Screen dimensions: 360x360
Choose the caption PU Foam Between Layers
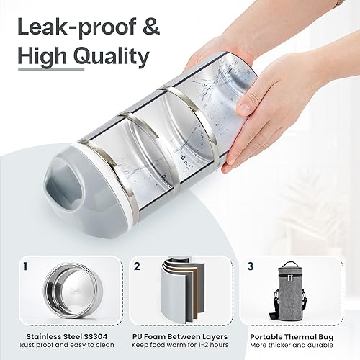coord(179,336)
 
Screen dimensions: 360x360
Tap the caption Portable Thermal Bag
coord(296,336)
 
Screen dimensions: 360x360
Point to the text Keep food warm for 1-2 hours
coord(179,346)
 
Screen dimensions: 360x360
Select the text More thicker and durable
coord(296,346)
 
